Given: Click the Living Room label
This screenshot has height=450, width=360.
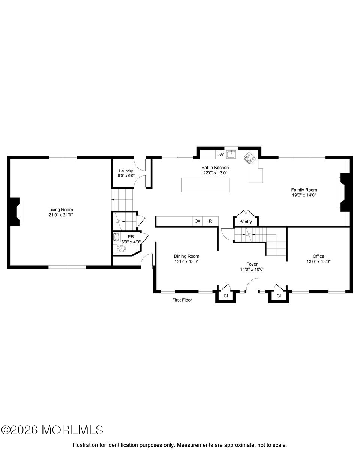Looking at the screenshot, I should click(60, 210).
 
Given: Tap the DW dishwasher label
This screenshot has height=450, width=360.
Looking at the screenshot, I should click(220, 154).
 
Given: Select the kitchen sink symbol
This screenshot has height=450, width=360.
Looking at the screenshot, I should click(232, 154).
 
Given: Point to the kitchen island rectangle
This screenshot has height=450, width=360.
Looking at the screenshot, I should click(205, 185).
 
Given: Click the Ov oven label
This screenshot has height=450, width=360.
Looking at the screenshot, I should click(197, 221).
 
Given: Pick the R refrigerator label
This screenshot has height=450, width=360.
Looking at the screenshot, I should click(210, 221).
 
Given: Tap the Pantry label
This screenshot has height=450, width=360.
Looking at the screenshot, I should click(246, 222).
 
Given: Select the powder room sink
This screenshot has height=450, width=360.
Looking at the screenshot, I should click(116, 237).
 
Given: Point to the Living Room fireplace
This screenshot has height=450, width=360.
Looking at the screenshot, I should click(15, 212).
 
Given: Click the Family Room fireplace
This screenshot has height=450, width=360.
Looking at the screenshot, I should click(345, 192).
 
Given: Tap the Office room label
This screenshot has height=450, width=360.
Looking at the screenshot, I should click(319, 256).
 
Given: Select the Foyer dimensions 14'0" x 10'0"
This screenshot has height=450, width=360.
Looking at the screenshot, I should click(252, 269).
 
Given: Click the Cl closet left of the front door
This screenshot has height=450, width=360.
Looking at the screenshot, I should click(226, 296).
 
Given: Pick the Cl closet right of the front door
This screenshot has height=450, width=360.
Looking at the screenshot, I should click(279, 296).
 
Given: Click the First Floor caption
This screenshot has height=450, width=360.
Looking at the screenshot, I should click(182, 300).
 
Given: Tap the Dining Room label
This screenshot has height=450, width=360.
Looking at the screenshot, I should click(186, 256).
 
